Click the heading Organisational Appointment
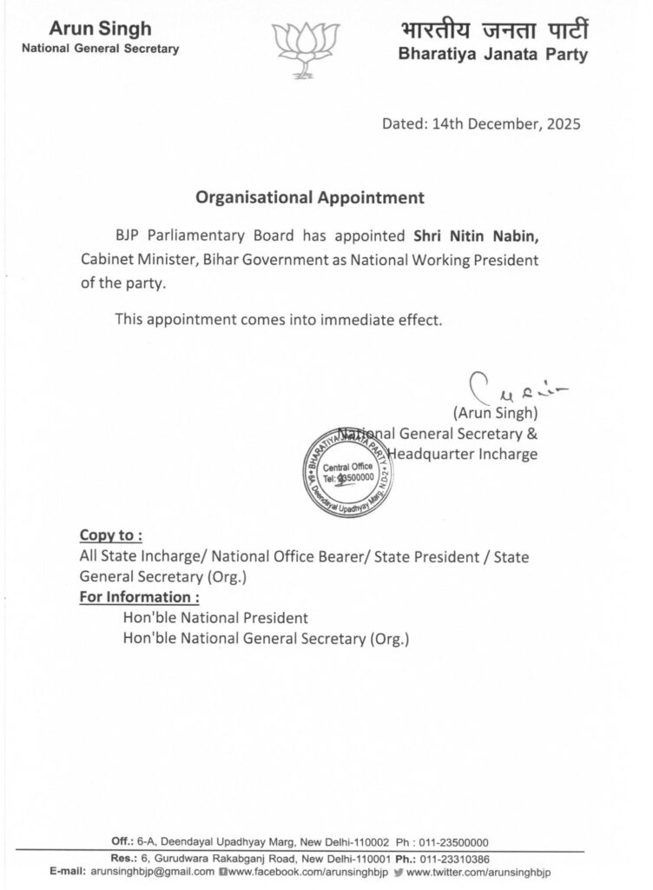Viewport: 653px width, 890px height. (310, 197)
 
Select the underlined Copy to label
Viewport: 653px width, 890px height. (111, 534)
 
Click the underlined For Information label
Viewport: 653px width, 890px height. (140, 597)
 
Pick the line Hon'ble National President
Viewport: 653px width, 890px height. (215, 618)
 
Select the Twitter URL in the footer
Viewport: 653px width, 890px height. (478, 871)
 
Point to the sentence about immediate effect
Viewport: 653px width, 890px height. (279, 319)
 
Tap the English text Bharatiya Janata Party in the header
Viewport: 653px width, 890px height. (492, 56)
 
